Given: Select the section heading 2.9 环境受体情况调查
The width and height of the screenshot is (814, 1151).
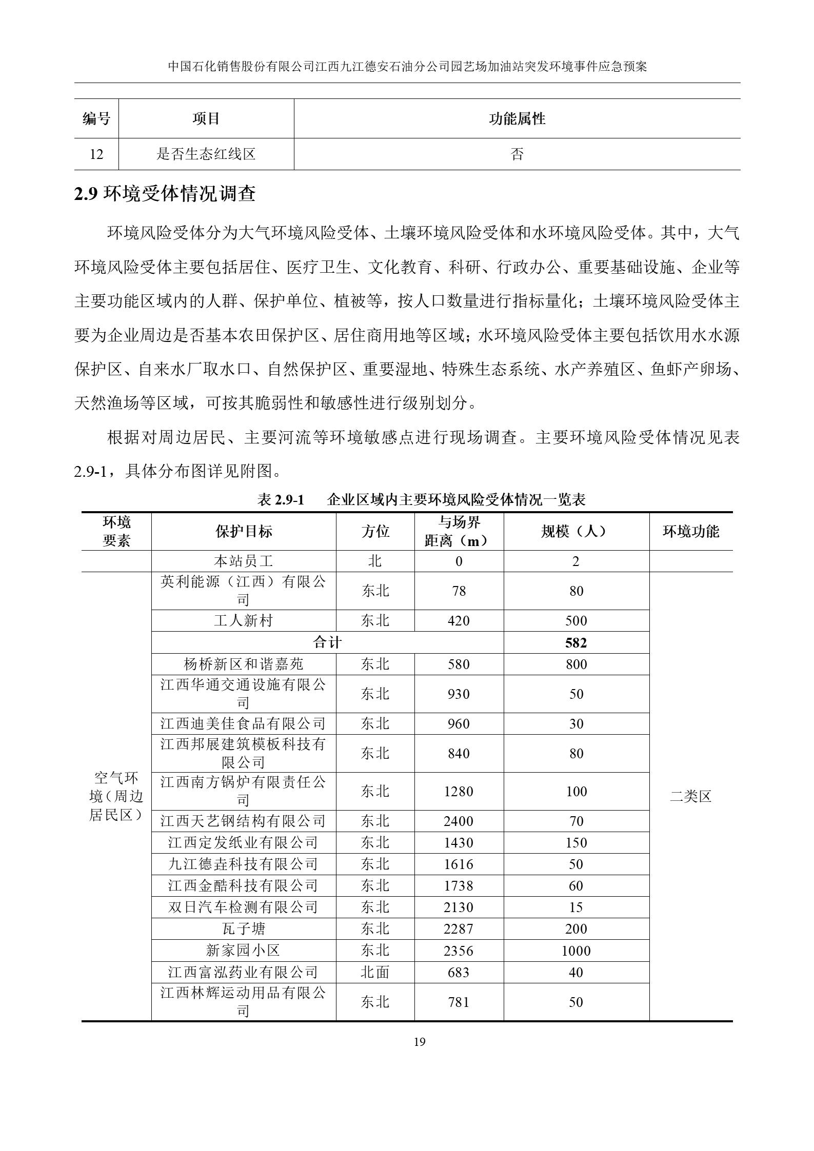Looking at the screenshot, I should point(165,194).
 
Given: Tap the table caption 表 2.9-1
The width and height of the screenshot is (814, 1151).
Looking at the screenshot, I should point(281,499).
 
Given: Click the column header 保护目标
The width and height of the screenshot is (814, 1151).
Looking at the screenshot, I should point(244,531).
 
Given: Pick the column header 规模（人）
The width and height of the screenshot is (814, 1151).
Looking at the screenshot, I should point(575,531).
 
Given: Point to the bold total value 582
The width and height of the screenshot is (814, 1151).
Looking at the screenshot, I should point(575,643).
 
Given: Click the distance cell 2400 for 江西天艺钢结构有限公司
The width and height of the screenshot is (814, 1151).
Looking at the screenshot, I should point(458,821).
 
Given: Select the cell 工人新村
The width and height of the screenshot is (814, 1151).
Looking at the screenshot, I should point(243,621).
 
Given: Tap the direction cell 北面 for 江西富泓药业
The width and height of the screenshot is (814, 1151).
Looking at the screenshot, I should point(375,972).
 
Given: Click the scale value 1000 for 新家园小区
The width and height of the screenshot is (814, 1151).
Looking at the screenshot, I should point(575,951).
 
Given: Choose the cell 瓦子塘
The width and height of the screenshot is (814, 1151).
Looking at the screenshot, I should point(243,929).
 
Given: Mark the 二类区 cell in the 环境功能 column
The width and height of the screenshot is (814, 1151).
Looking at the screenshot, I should point(690,796).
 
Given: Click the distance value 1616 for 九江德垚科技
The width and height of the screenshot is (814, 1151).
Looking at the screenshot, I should point(458,864).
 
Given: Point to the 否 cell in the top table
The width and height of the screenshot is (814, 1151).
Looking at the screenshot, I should point(517,154).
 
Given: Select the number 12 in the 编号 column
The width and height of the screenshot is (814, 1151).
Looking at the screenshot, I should point(96,154).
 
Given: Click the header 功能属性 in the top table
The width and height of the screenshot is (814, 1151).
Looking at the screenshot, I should point(517,119).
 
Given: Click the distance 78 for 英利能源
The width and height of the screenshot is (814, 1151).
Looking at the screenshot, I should point(458,591).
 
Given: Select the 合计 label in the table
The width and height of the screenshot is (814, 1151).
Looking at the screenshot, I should point(327,642).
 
